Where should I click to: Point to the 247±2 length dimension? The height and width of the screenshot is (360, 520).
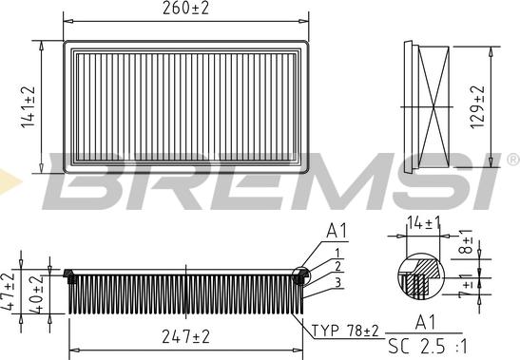pos(184,336)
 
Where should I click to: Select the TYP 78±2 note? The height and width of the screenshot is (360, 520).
pos(345,331)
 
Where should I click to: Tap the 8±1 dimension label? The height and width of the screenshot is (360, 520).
pos(466,244)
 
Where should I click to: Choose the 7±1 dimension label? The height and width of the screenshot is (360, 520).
pos(466,286)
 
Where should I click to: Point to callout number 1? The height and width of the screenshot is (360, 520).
pos(337,252)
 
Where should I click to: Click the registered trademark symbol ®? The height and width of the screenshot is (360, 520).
pos(511,159)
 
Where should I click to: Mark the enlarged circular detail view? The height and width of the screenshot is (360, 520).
pos(417,274)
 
